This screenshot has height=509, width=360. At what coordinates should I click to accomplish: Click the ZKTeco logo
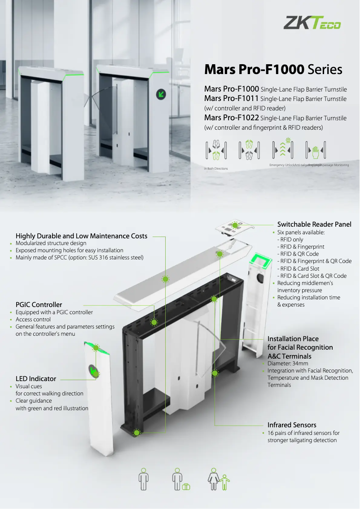312,22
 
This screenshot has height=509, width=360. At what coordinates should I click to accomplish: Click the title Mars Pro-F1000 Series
273,70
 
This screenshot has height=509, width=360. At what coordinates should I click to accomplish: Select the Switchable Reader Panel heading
314,224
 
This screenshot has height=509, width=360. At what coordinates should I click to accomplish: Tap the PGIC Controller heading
39,305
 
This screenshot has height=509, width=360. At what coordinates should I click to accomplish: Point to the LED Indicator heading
36,379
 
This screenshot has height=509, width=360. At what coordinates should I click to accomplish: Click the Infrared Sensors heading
292,425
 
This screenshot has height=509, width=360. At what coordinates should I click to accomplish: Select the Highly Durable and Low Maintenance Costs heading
81,236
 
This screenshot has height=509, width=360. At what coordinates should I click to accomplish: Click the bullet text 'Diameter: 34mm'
288,364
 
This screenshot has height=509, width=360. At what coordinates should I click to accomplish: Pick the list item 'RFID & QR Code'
299,254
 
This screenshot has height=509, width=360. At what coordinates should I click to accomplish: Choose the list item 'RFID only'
292,240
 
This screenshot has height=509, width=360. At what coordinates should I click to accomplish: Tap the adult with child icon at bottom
218,479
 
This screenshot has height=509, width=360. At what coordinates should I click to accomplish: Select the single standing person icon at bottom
144,479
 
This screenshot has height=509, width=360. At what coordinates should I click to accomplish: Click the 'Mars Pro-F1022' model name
231,118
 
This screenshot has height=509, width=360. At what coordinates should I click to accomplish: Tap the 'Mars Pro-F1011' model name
231,99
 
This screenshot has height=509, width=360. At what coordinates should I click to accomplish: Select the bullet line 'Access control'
33,320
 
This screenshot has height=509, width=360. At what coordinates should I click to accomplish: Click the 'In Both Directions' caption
216,169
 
